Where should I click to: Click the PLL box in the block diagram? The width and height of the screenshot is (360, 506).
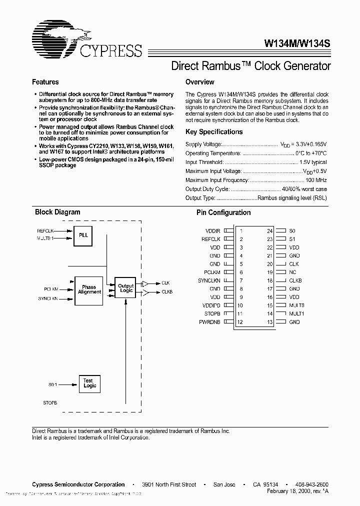pyautogui.click(x=83, y=234)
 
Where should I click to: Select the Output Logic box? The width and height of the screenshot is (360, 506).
pyautogui.click(x=125, y=288)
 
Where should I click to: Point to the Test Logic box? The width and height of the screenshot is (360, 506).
pyautogui.click(x=89, y=383)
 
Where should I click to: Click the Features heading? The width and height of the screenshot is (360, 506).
pyautogui.click(x=45, y=82)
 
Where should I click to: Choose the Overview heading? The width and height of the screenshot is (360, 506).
pyautogui.click(x=199, y=82)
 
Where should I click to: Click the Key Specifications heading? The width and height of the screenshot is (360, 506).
pyautogui.click(x=214, y=132)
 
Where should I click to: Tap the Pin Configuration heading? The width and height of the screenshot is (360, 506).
pyautogui.click(x=223, y=212)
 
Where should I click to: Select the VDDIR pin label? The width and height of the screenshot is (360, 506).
pyautogui.click(x=212, y=231)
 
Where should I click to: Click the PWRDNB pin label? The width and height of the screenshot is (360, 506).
pyautogui.click(x=209, y=322)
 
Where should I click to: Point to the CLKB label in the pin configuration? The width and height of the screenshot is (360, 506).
pyautogui.click(x=295, y=280)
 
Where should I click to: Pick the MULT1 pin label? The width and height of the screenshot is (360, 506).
pyautogui.click(x=296, y=313)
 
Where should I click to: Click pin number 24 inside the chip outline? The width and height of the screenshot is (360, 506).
pyautogui.click(x=269, y=231)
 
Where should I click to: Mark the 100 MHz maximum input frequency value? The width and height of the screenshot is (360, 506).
pyautogui.click(x=316, y=180)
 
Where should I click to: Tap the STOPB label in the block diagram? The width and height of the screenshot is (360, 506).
pyautogui.click(x=50, y=402)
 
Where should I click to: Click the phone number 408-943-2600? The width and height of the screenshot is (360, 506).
pyautogui.click(x=311, y=484)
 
